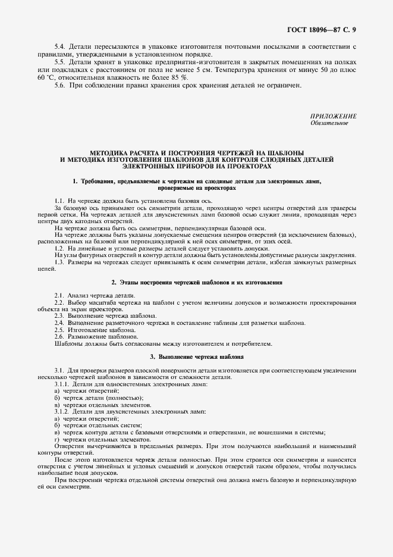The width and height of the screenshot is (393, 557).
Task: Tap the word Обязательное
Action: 329,123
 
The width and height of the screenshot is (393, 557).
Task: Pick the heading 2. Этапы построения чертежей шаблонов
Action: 196,281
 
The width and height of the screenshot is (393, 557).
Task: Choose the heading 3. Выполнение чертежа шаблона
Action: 196,356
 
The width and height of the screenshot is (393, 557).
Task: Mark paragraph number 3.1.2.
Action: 61,412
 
